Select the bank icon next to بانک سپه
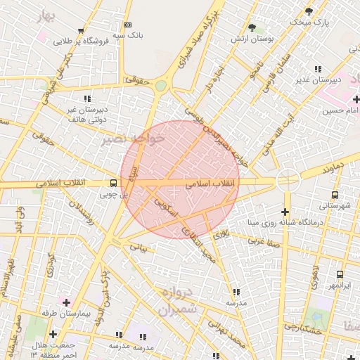tap(127, 25)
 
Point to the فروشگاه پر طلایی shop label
tap(83, 41)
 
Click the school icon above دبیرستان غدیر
tap(318, 69)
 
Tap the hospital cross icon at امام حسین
tap(356, 99)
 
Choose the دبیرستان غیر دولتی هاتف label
tap(87, 115)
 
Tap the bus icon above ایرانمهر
tap(340, 275)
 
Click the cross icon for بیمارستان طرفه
tap(67, 302)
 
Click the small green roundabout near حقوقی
tap(161, 86)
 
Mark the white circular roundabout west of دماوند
tap(288, 180)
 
